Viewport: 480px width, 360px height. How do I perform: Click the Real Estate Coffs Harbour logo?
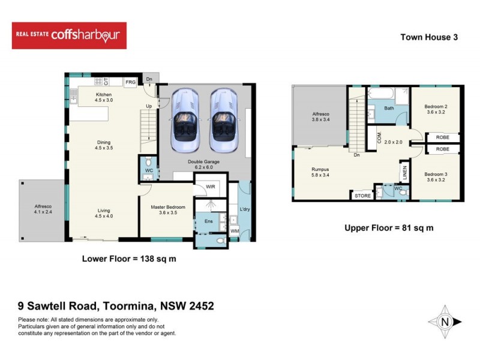[x=69, y=35]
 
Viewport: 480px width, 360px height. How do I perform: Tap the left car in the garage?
[x=185, y=120]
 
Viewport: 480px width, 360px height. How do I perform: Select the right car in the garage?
[x=223, y=120]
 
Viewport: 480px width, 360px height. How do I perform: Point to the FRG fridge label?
[x=130, y=82]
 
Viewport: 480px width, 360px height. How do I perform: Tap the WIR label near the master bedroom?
[x=211, y=187]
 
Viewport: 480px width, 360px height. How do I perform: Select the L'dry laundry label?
[x=244, y=209]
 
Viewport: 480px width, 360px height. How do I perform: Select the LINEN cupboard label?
[x=406, y=172]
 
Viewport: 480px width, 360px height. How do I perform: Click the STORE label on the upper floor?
[x=362, y=195]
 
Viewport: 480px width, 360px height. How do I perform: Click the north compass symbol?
[x=445, y=322]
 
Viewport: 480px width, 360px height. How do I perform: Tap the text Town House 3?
[x=429, y=37]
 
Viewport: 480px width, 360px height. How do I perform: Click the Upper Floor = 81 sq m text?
[x=388, y=228]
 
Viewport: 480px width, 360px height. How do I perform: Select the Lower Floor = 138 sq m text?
[x=128, y=259]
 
